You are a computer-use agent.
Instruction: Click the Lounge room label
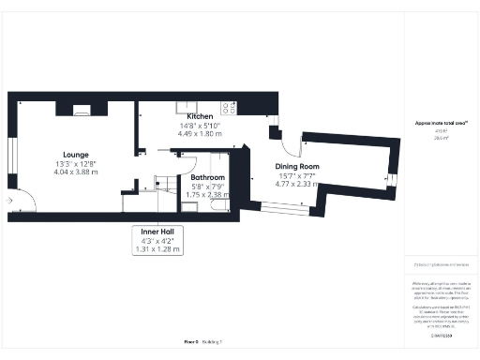[x=76, y=154]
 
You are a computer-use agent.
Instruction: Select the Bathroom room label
[x=206, y=176]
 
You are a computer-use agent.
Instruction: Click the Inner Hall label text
[x=155, y=232]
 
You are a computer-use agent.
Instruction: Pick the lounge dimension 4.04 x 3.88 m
[x=76, y=172]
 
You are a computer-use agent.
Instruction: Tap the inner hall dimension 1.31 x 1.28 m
[x=155, y=250]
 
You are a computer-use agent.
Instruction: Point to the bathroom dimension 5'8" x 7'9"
[x=206, y=186]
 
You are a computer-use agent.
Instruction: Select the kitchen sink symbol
[x=185, y=106]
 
